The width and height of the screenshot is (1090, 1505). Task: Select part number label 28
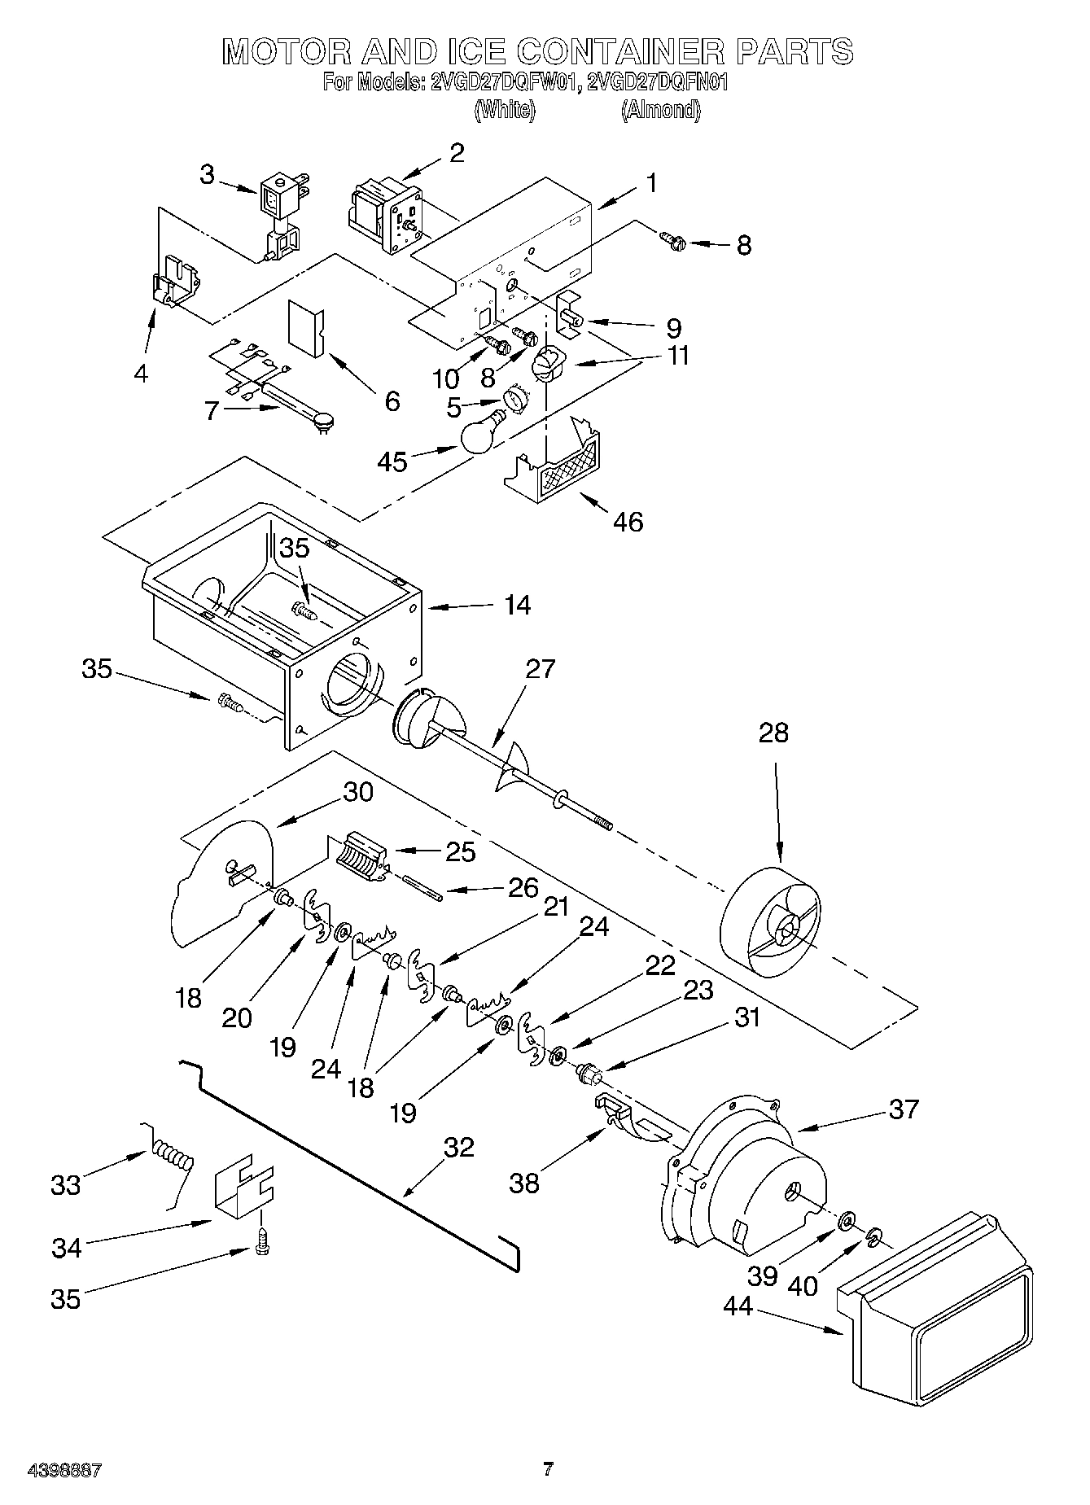pos(773,733)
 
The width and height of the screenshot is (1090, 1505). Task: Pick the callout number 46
pos(627,521)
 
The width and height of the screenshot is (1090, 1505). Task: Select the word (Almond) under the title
pos(660,110)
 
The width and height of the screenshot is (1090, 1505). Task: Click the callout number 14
pos(516,605)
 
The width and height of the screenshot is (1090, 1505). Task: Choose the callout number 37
pos(903,1109)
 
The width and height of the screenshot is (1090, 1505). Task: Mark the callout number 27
pos(540,669)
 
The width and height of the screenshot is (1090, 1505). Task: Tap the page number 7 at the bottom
pos(548,1470)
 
